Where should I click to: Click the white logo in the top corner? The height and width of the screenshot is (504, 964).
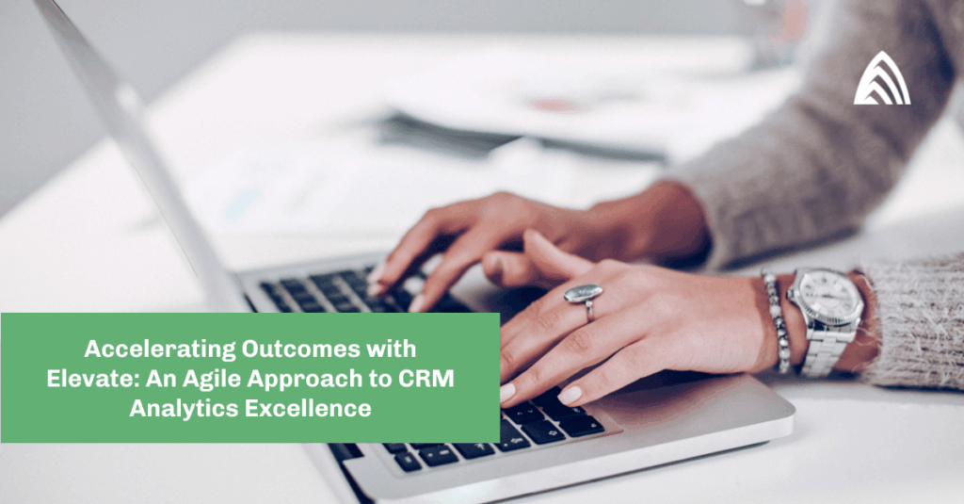(x=882, y=78)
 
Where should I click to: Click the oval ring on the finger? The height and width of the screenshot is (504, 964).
(x=584, y=294)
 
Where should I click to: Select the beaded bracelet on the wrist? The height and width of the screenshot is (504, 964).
(x=776, y=321)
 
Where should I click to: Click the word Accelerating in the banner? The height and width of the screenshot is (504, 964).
(x=160, y=349)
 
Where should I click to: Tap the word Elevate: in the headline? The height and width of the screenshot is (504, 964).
(x=93, y=379)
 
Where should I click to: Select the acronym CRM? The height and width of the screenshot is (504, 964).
(x=426, y=379)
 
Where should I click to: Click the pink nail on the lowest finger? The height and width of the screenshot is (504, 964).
(x=569, y=395)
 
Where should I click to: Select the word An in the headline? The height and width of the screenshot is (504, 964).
(x=162, y=379)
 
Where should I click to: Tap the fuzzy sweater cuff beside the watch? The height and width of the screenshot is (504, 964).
(x=916, y=323)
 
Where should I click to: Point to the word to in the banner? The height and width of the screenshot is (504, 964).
(x=380, y=379)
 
